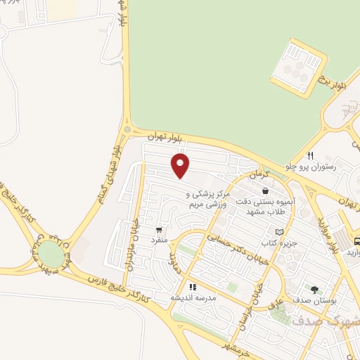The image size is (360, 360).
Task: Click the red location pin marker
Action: (181, 166)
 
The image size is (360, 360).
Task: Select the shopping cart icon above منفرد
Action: (160, 229)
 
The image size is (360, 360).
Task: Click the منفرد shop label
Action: (159, 240)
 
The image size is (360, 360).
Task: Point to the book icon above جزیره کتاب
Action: (279, 231)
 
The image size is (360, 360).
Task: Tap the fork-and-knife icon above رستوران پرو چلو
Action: (309, 155)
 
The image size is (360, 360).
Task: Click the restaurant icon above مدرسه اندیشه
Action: (193, 287)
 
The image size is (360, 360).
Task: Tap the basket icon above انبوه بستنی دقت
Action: (265, 191)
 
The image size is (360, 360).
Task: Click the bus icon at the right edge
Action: (355, 239)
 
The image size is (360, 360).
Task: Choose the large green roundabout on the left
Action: (51, 252)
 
